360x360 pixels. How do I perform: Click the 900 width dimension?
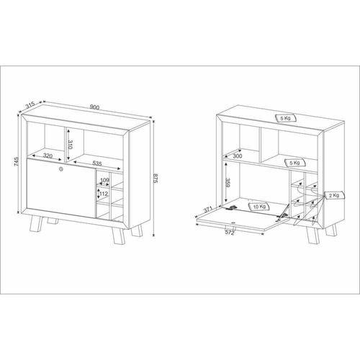point(94,107)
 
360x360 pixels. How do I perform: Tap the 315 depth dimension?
point(30,105)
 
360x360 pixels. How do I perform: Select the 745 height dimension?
point(16,162)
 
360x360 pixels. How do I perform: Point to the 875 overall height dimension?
point(156,178)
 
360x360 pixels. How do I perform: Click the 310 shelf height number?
point(70,145)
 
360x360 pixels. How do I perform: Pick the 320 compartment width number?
point(48,156)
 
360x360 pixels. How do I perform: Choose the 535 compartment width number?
point(97,163)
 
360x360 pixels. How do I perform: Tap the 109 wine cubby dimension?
point(104,180)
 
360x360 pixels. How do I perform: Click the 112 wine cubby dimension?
point(104,194)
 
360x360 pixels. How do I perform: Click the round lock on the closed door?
point(60,169)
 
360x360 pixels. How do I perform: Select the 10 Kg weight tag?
point(259,207)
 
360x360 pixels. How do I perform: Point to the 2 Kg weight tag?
point(335,195)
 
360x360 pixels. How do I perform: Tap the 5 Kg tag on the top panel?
point(286,118)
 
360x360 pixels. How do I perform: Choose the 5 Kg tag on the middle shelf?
point(295,163)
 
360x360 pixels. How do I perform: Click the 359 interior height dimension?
point(228,183)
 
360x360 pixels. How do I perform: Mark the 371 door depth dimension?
point(208,210)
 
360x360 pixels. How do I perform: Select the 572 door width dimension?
point(230,233)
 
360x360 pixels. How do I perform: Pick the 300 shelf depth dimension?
point(238,156)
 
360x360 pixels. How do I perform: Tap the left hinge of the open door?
point(232,207)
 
